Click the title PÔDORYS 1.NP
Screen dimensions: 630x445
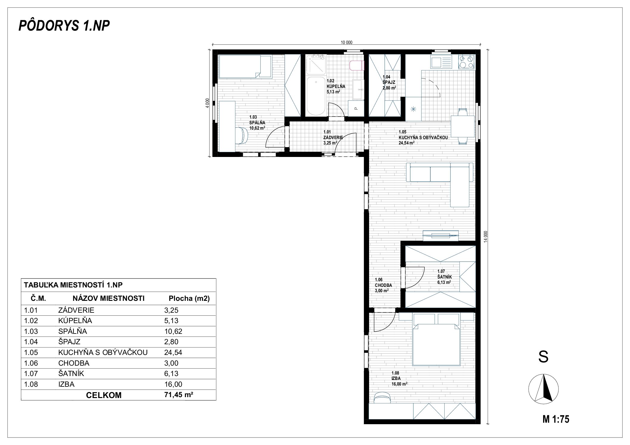[x=64, y=26]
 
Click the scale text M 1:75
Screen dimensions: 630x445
[x=556, y=419]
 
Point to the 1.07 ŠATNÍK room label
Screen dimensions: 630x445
[x=444, y=277]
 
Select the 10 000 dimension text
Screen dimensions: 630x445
[x=346, y=43]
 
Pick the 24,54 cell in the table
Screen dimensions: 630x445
[x=173, y=353]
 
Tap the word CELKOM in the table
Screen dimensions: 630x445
[x=104, y=395]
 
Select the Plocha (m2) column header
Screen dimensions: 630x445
[x=189, y=298]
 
